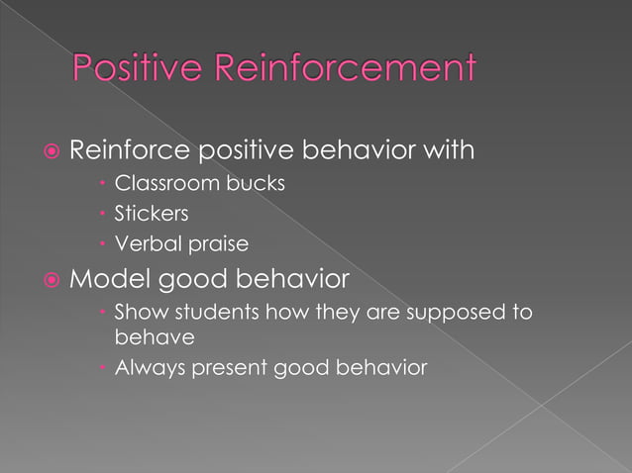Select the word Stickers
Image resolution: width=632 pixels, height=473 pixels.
tap(152, 213)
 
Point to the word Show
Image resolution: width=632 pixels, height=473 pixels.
tap(137, 313)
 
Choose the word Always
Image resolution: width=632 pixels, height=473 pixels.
tap(146, 368)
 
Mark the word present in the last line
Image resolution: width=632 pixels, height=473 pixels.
tap(231, 369)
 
